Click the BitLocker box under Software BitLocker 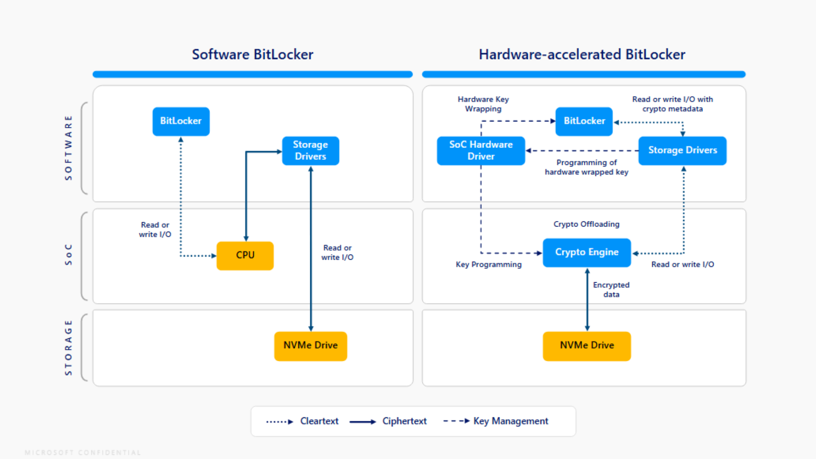pos(181,121)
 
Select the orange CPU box pos(245,255)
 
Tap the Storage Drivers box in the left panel pos(310,150)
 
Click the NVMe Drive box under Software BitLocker pos(310,346)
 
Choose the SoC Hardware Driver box pos(481,150)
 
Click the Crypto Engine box pos(586,252)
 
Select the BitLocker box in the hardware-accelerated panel pos(584,121)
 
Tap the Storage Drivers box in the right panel pos(682,150)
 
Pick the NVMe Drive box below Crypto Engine pos(586,346)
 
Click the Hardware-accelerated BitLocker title pos(582,54)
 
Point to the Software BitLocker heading pos(252,54)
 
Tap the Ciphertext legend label pos(404,421)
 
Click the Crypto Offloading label pos(586,224)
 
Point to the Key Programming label pos(488,264)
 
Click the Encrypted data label pos(611,289)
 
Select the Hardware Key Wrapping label pos(483,104)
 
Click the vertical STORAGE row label pos(68,348)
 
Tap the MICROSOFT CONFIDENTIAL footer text pos(82,453)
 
